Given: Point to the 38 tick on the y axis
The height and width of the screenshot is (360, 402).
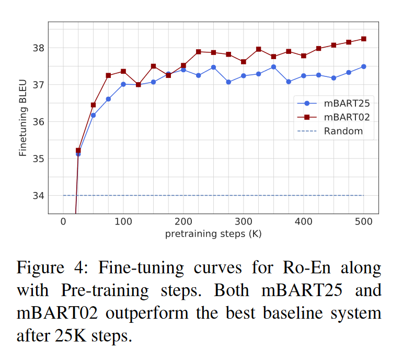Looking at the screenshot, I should click(x=39, y=48).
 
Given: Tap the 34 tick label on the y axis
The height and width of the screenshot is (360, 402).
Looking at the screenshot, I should click(x=39, y=196).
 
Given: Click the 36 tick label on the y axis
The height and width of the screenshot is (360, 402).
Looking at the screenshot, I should click(x=39, y=122).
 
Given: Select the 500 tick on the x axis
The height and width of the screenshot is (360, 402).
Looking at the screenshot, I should click(x=363, y=222).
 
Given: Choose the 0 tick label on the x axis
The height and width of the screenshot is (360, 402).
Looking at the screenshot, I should click(x=63, y=222).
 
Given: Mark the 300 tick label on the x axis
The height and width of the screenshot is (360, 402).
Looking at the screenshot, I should click(x=243, y=222).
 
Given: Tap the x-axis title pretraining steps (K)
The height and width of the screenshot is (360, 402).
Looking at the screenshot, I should click(x=213, y=234).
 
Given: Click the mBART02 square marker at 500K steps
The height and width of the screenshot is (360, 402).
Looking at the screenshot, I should click(x=363, y=39).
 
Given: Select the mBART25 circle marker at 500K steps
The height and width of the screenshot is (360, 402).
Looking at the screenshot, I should click(x=363, y=66).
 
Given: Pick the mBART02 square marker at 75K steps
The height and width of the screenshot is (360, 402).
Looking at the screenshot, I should click(x=108, y=75).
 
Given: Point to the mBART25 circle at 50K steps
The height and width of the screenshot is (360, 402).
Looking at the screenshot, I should click(x=93, y=115).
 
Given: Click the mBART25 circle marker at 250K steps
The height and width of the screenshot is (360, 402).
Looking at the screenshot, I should click(x=213, y=67).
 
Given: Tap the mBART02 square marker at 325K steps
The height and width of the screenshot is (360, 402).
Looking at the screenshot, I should click(x=258, y=49).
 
